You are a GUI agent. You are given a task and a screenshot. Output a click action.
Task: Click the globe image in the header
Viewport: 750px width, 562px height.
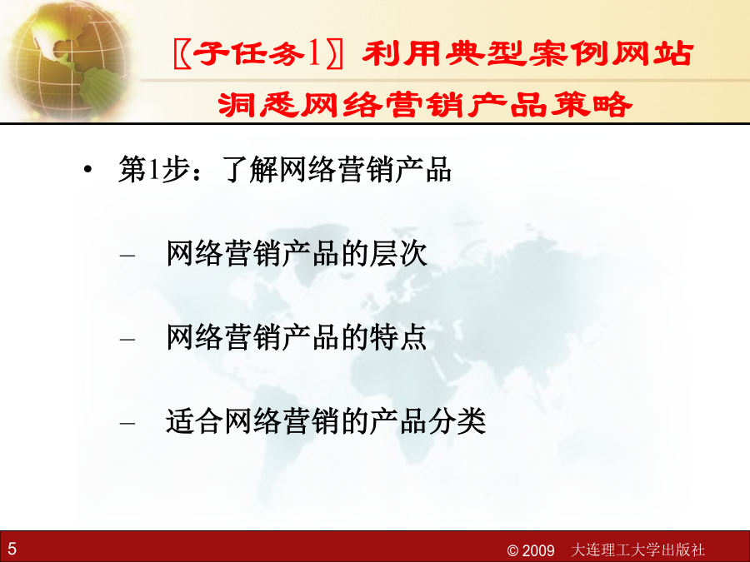pos(69,60)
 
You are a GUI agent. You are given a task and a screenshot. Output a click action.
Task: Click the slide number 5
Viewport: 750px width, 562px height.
pos(12,549)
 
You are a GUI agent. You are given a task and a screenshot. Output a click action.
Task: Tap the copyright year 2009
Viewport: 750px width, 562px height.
pos(537,550)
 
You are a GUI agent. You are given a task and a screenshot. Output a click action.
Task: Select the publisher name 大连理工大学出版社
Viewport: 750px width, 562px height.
pos(638,550)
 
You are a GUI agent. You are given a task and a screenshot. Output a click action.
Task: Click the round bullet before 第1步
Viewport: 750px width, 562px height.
pos(87,170)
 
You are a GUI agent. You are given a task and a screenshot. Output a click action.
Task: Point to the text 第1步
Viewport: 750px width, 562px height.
pos(153,169)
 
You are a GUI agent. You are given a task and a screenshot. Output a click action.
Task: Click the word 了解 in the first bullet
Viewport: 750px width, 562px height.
pos(249,169)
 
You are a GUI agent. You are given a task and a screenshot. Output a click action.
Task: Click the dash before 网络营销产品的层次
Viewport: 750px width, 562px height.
pos(127,256)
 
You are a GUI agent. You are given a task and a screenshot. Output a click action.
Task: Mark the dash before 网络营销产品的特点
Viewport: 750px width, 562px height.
pos(127,340)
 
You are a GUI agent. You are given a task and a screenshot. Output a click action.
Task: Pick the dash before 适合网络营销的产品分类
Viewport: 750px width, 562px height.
pos(127,424)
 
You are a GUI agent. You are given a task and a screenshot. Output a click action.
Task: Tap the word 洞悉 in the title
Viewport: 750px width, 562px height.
pos(259,105)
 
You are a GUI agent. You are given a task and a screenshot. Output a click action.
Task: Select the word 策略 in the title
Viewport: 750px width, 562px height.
pos(591,105)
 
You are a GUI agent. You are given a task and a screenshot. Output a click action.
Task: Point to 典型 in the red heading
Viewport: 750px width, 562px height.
pos(487,53)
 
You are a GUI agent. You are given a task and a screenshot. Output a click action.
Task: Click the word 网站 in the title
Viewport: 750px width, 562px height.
pos(652,53)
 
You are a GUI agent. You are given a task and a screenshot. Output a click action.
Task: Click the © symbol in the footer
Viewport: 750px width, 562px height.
pos(512,551)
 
